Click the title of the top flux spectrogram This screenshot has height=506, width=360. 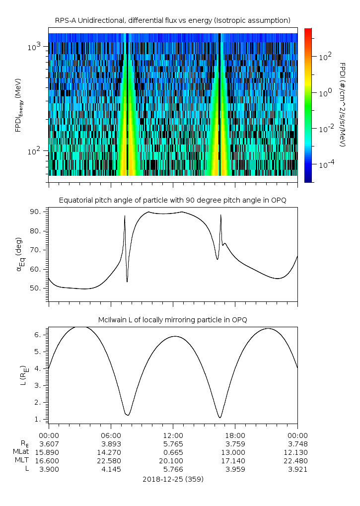173,20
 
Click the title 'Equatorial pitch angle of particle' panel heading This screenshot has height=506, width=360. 173,200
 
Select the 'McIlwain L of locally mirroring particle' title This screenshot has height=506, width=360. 173,319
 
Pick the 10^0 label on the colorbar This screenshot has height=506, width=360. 325,93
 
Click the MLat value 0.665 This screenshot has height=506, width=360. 173,452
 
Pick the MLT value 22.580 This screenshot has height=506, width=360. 111,461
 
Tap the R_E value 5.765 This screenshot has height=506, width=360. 173,444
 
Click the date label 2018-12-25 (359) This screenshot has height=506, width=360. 173,479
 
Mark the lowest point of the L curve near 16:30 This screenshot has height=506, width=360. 219,418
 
